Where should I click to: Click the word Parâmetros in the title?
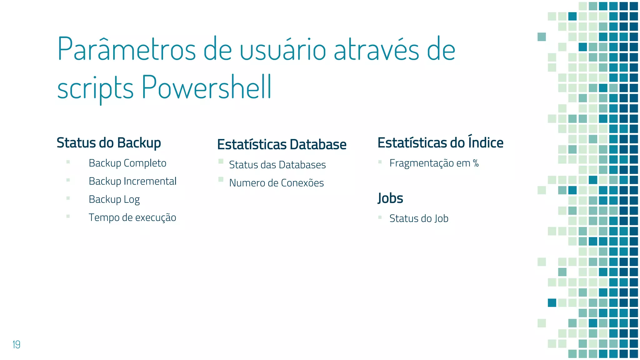click(127, 49)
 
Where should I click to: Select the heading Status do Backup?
click(109, 143)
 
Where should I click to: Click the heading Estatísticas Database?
click(282, 144)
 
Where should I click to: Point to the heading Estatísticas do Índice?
click(440, 142)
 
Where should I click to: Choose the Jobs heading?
click(390, 198)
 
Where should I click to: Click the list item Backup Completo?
click(127, 163)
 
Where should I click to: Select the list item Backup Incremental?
click(132, 181)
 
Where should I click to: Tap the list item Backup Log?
click(114, 199)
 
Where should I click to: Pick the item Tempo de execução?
click(132, 217)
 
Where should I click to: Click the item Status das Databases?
click(277, 165)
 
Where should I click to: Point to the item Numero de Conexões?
click(276, 183)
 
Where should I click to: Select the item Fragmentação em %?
click(434, 163)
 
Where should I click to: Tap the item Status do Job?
click(419, 218)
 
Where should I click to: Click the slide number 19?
click(16, 344)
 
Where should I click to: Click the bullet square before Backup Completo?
click(68, 162)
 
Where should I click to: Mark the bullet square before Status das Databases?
click(221, 161)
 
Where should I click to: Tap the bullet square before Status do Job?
click(380, 217)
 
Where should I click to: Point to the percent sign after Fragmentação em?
click(476, 163)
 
